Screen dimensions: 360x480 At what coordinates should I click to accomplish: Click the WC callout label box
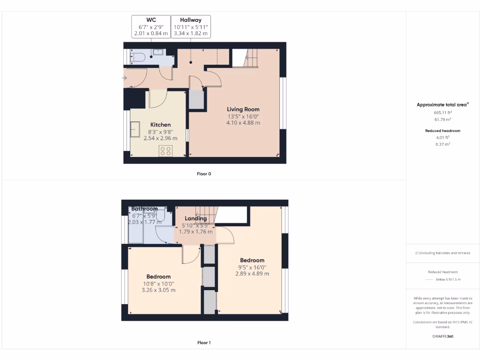(151, 27)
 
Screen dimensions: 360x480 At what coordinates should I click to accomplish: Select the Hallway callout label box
(191, 27)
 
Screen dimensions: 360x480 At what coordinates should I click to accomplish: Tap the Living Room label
(243, 109)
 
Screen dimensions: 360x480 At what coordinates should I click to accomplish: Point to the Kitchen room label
(160, 125)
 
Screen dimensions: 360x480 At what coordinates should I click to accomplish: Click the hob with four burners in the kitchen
(166, 150)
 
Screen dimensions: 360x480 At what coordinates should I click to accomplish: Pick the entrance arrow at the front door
(125, 78)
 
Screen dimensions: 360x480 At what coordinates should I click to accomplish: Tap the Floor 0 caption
(204, 174)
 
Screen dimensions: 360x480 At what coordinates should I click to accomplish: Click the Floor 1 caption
(204, 343)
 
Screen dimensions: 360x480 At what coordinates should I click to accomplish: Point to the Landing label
(195, 218)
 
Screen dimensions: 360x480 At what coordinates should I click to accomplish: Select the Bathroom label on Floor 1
(144, 209)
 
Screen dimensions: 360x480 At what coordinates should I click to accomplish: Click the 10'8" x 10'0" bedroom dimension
(158, 284)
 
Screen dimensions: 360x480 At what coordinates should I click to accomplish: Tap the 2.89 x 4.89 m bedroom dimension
(252, 274)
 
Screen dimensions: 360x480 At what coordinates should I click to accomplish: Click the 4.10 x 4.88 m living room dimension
(243, 123)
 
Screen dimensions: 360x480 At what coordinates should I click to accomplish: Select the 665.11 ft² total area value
(442, 113)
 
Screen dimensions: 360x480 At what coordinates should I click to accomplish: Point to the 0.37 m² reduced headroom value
(442, 144)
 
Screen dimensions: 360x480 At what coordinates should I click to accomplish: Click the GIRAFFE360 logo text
(442, 336)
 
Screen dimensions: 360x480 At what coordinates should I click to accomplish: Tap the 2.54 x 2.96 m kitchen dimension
(160, 138)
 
